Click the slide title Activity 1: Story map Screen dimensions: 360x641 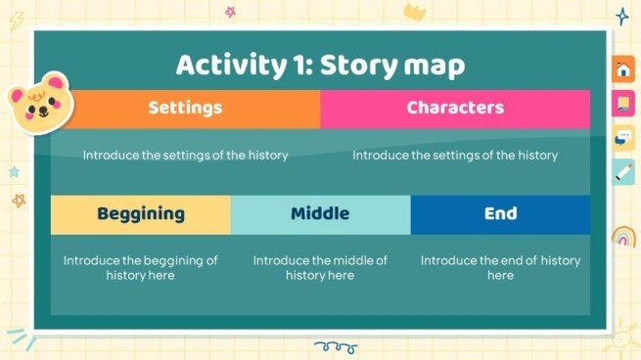(x=320, y=65)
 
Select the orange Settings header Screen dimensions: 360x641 (x=185, y=108)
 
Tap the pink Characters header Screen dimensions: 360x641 (x=455, y=108)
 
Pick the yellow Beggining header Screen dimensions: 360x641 (x=140, y=213)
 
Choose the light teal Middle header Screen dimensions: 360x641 (x=320, y=213)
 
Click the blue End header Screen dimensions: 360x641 (x=500, y=213)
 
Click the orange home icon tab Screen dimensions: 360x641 (x=623, y=70)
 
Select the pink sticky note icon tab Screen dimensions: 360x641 (x=623, y=104)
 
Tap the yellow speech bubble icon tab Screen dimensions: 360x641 (x=623, y=138)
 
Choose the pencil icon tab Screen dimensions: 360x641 (x=623, y=172)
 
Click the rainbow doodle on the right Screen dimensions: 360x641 (x=623, y=236)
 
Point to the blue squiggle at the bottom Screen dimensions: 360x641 (x=335, y=346)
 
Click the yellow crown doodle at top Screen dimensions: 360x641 (x=414, y=12)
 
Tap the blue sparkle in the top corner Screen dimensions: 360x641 (x=621, y=17)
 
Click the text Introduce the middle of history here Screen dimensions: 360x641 (x=320, y=268)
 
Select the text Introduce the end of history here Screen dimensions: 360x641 (x=500, y=268)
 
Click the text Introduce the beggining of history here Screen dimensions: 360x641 (x=140, y=268)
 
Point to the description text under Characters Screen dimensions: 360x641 (x=455, y=155)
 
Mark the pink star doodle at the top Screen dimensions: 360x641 (x=231, y=12)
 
